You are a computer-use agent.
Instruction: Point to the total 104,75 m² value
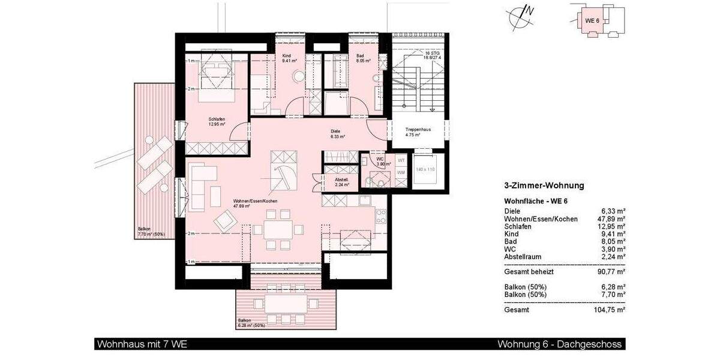pyautogui.click(x=608, y=310)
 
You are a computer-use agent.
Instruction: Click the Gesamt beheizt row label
pyautogui.click(x=529, y=272)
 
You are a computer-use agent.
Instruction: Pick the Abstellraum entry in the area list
pyautogui.click(x=524, y=257)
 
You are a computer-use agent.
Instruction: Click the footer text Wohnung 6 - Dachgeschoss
pyautogui.click(x=560, y=344)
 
